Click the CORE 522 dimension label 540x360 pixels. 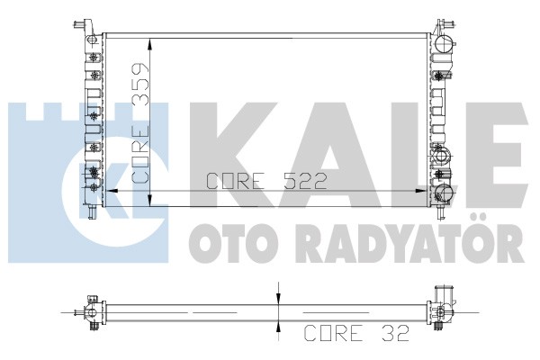[x=265, y=181]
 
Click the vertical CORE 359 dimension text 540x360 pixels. [x=140, y=123]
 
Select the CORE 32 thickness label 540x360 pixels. [x=356, y=333]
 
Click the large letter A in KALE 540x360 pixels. [x=330, y=155]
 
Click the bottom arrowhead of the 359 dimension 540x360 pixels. [x=149, y=201]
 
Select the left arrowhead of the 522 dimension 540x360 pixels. [x=112, y=191]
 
